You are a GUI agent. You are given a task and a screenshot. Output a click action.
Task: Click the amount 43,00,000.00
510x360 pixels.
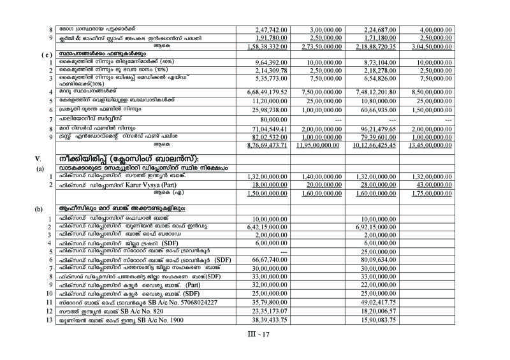pyautogui.click(x=478, y=185)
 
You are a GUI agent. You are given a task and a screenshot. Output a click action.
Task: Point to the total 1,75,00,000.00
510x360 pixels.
pyautogui.click(x=475, y=194)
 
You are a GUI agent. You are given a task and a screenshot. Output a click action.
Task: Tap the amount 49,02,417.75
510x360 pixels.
pyautogui.click(x=380, y=303)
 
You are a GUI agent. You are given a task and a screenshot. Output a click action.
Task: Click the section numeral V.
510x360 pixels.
pyautogui.click(x=38, y=157)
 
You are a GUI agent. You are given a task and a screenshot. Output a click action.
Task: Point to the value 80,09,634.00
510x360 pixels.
pyautogui.click(x=381, y=260)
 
